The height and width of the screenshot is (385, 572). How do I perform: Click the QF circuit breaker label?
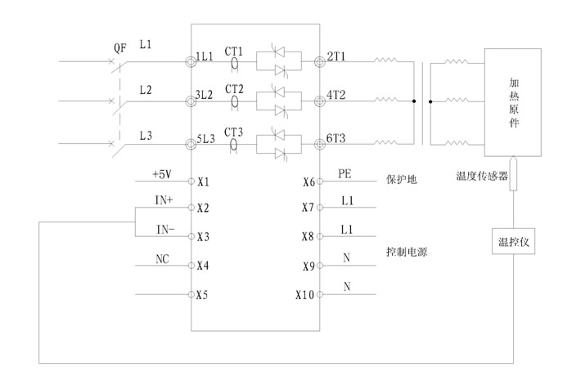point(120,47)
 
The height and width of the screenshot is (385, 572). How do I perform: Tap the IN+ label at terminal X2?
point(164,200)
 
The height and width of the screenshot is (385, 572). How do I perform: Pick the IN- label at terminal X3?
point(164,230)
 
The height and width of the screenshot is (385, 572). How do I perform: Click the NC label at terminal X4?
point(162,259)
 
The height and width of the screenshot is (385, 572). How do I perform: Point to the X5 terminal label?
point(204,295)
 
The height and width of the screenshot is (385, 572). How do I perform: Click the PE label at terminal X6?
point(345,174)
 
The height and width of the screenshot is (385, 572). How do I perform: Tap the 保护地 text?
point(402,180)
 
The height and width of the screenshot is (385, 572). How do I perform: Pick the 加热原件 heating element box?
point(514,101)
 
